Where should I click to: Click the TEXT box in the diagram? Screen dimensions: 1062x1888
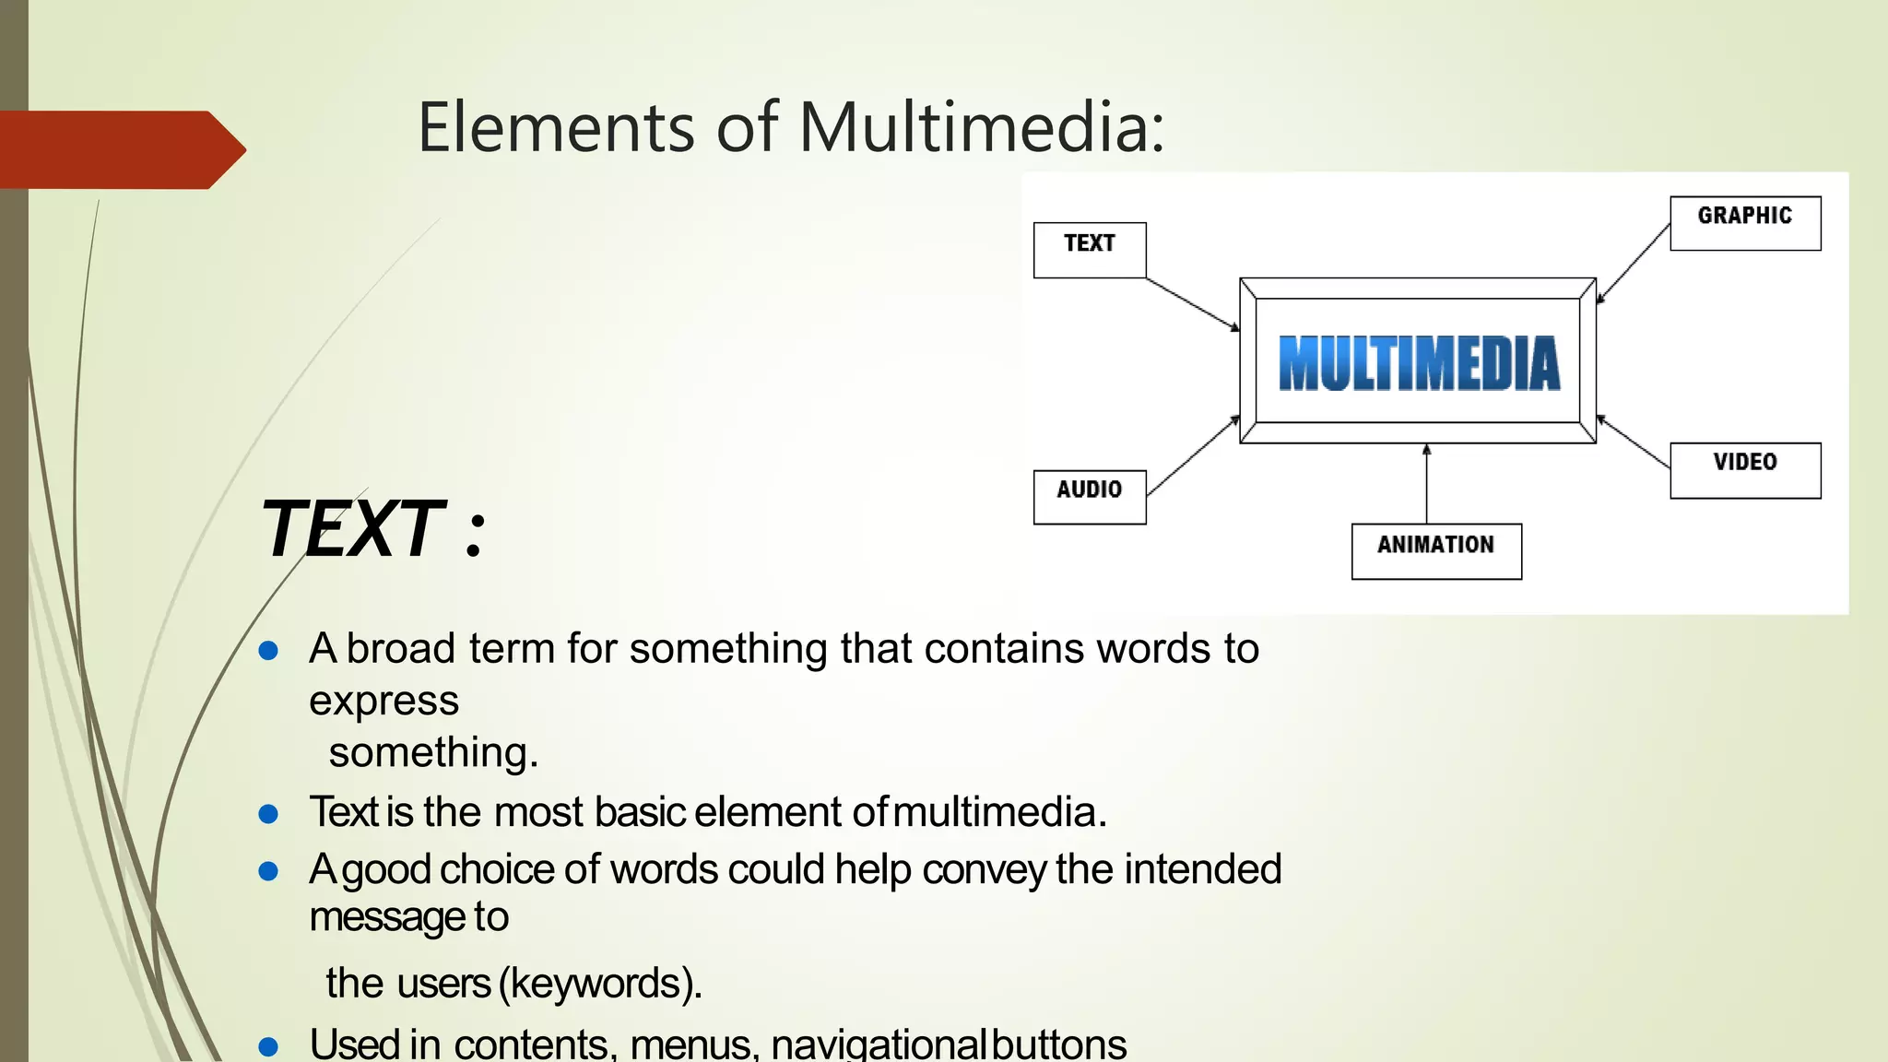(x=1089, y=249)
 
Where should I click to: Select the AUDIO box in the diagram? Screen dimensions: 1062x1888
(x=1089, y=496)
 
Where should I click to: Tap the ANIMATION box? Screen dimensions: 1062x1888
(x=1435, y=550)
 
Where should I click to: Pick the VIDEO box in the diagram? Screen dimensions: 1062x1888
(x=1744, y=469)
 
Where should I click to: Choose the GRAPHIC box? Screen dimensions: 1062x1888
(x=1744, y=222)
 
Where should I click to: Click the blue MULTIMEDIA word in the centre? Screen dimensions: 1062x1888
(x=1419, y=363)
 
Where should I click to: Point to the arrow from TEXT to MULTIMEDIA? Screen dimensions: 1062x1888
(x=1193, y=303)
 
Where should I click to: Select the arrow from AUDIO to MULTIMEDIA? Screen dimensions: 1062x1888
(x=1193, y=455)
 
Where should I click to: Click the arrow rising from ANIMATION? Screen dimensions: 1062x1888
(x=1426, y=484)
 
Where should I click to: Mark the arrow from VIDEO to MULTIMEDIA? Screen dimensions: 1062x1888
(x=1634, y=442)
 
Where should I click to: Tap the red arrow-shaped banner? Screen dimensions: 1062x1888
(x=120, y=149)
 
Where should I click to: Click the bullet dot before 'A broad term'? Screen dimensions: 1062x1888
(x=268, y=652)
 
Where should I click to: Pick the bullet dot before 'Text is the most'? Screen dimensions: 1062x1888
(x=268, y=814)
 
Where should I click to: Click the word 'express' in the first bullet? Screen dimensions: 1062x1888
(x=383, y=702)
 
